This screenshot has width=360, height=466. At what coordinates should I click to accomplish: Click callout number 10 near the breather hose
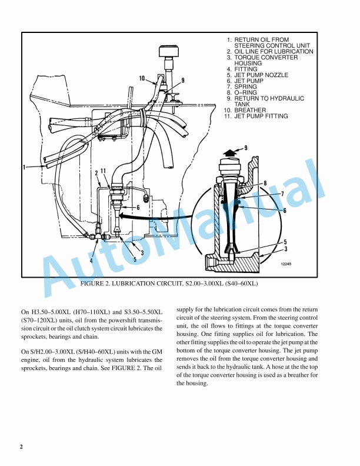tap(142, 78)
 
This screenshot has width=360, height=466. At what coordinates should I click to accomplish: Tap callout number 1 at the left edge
tap(24, 167)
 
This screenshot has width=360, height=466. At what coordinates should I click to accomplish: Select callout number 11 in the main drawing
tap(103, 171)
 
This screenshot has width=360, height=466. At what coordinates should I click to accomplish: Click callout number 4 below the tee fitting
tap(91, 261)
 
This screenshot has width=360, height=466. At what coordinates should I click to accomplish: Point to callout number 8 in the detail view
tap(265, 183)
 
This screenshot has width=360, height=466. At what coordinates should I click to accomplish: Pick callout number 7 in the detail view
tap(282, 194)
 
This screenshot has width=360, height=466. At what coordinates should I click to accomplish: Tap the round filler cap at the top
tap(169, 51)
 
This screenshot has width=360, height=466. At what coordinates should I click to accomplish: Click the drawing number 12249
tap(286, 264)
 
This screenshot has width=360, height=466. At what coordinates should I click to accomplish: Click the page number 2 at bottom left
tap(21, 447)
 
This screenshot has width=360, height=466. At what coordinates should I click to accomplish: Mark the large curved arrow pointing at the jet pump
tap(158, 217)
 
